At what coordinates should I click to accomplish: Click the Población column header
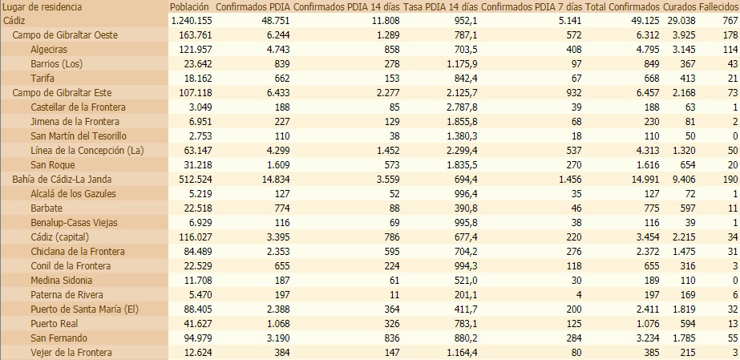click(190, 7)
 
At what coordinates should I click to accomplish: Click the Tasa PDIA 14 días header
click(440, 7)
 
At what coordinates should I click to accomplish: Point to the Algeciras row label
click(48, 50)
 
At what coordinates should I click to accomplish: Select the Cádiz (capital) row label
click(59, 237)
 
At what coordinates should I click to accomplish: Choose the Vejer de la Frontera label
click(71, 352)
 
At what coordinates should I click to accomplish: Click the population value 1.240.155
click(192, 20)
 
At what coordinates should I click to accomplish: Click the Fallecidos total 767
click(729, 20)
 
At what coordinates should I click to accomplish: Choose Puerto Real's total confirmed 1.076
click(641, 323)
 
